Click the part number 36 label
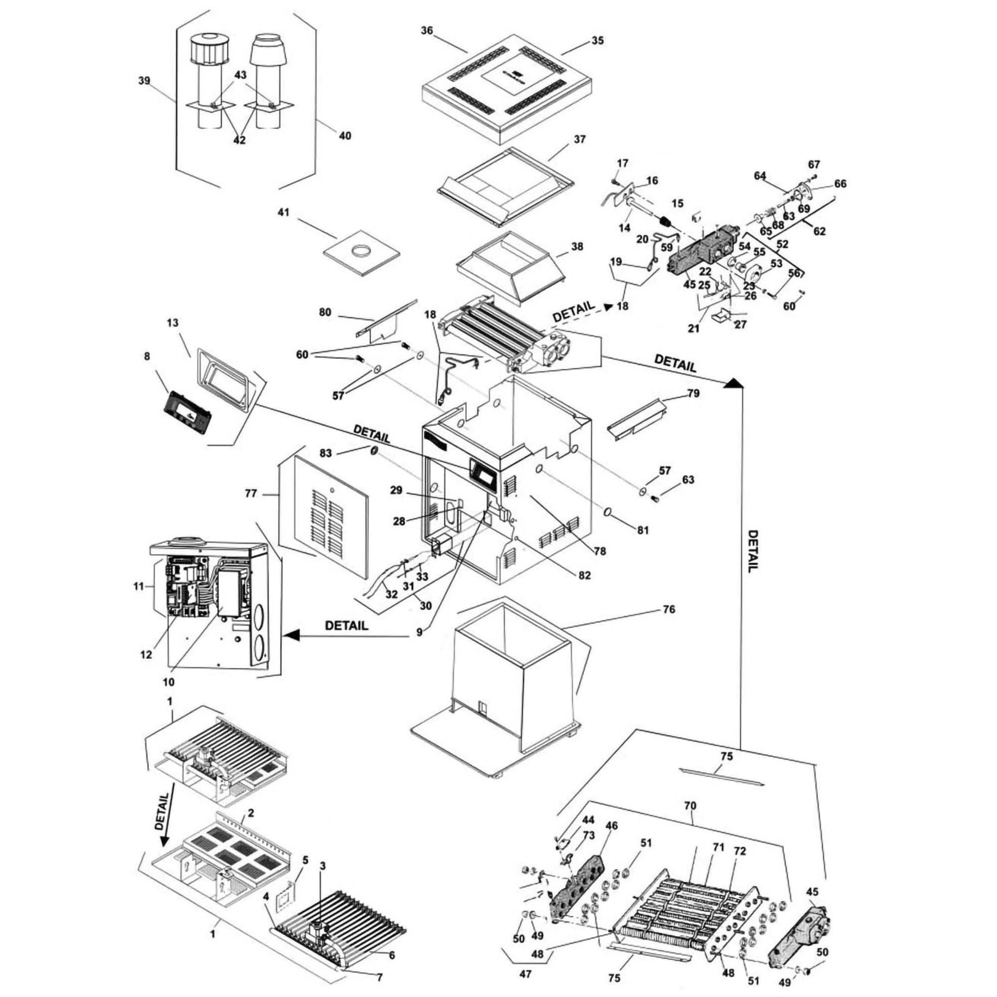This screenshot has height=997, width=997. pos(426,30)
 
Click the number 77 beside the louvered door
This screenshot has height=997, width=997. pos(250,494)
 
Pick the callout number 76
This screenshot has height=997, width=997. pos(669,610)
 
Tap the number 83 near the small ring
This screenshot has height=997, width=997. pos(325,454)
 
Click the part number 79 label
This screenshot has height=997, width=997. pos(693,393)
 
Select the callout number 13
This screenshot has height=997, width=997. pos(172,323)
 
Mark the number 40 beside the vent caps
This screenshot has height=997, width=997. pos(345,135)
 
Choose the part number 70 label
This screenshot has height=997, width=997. pos(690,806)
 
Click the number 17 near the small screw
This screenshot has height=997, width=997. pos(623,164)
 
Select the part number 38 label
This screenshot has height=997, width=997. pos(577,247)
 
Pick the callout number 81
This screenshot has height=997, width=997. pos(643,530)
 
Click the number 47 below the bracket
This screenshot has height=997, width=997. pos(525,974)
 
